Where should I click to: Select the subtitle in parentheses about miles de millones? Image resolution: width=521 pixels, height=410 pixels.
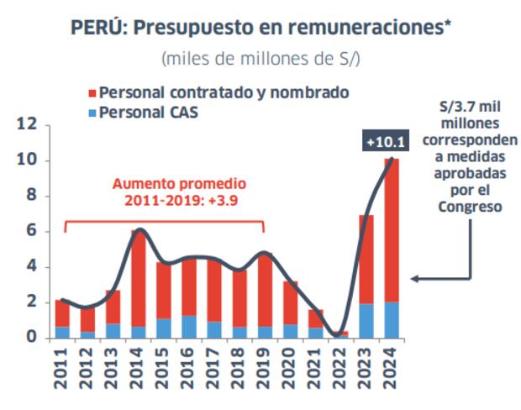(260, 60)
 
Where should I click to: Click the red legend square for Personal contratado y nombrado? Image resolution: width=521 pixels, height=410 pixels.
(92, 92)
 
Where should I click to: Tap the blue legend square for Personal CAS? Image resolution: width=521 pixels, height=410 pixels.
(92, 112)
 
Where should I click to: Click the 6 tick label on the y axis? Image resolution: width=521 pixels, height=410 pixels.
(32, 232)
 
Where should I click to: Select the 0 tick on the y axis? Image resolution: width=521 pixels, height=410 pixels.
(32, 338)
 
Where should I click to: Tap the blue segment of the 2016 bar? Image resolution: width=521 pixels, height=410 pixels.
(189, 327)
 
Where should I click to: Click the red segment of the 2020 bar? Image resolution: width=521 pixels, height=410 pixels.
(289, 302)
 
